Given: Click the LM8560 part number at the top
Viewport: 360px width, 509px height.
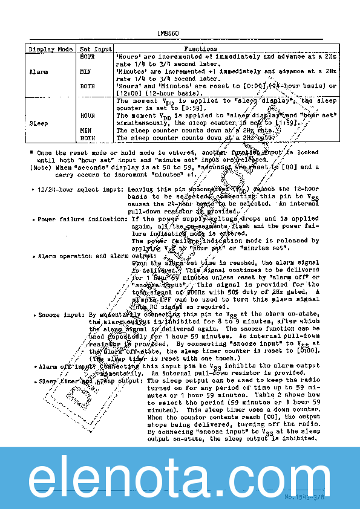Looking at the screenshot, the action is tap(168, 34).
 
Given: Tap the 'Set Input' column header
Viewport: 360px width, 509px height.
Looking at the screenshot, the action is tap(96, 49).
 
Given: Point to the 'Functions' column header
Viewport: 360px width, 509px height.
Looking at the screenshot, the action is tap(200, 49).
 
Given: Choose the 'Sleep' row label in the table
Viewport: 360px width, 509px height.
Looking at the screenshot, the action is tap(38, 123).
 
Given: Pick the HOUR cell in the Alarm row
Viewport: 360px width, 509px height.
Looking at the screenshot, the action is tap(87, 56).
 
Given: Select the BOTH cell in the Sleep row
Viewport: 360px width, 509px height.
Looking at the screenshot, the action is tap(87, 138).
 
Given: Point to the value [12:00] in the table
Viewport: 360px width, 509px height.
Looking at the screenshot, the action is tap(128, 94).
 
